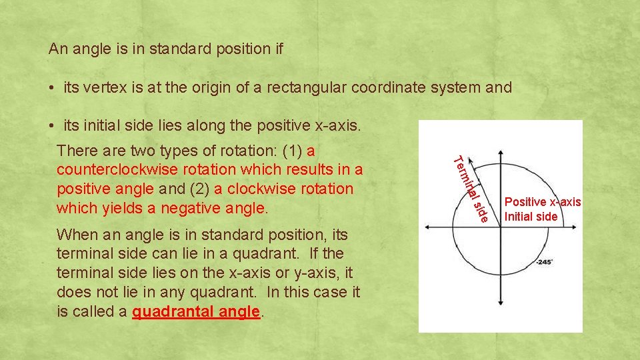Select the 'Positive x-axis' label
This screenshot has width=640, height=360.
[543, 202]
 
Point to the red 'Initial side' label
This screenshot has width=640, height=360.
[531, 216]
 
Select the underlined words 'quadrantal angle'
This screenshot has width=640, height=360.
[195, 312]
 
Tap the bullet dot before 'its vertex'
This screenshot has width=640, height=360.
[52, 88]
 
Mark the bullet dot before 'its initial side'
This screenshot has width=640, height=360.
[52, 126]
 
